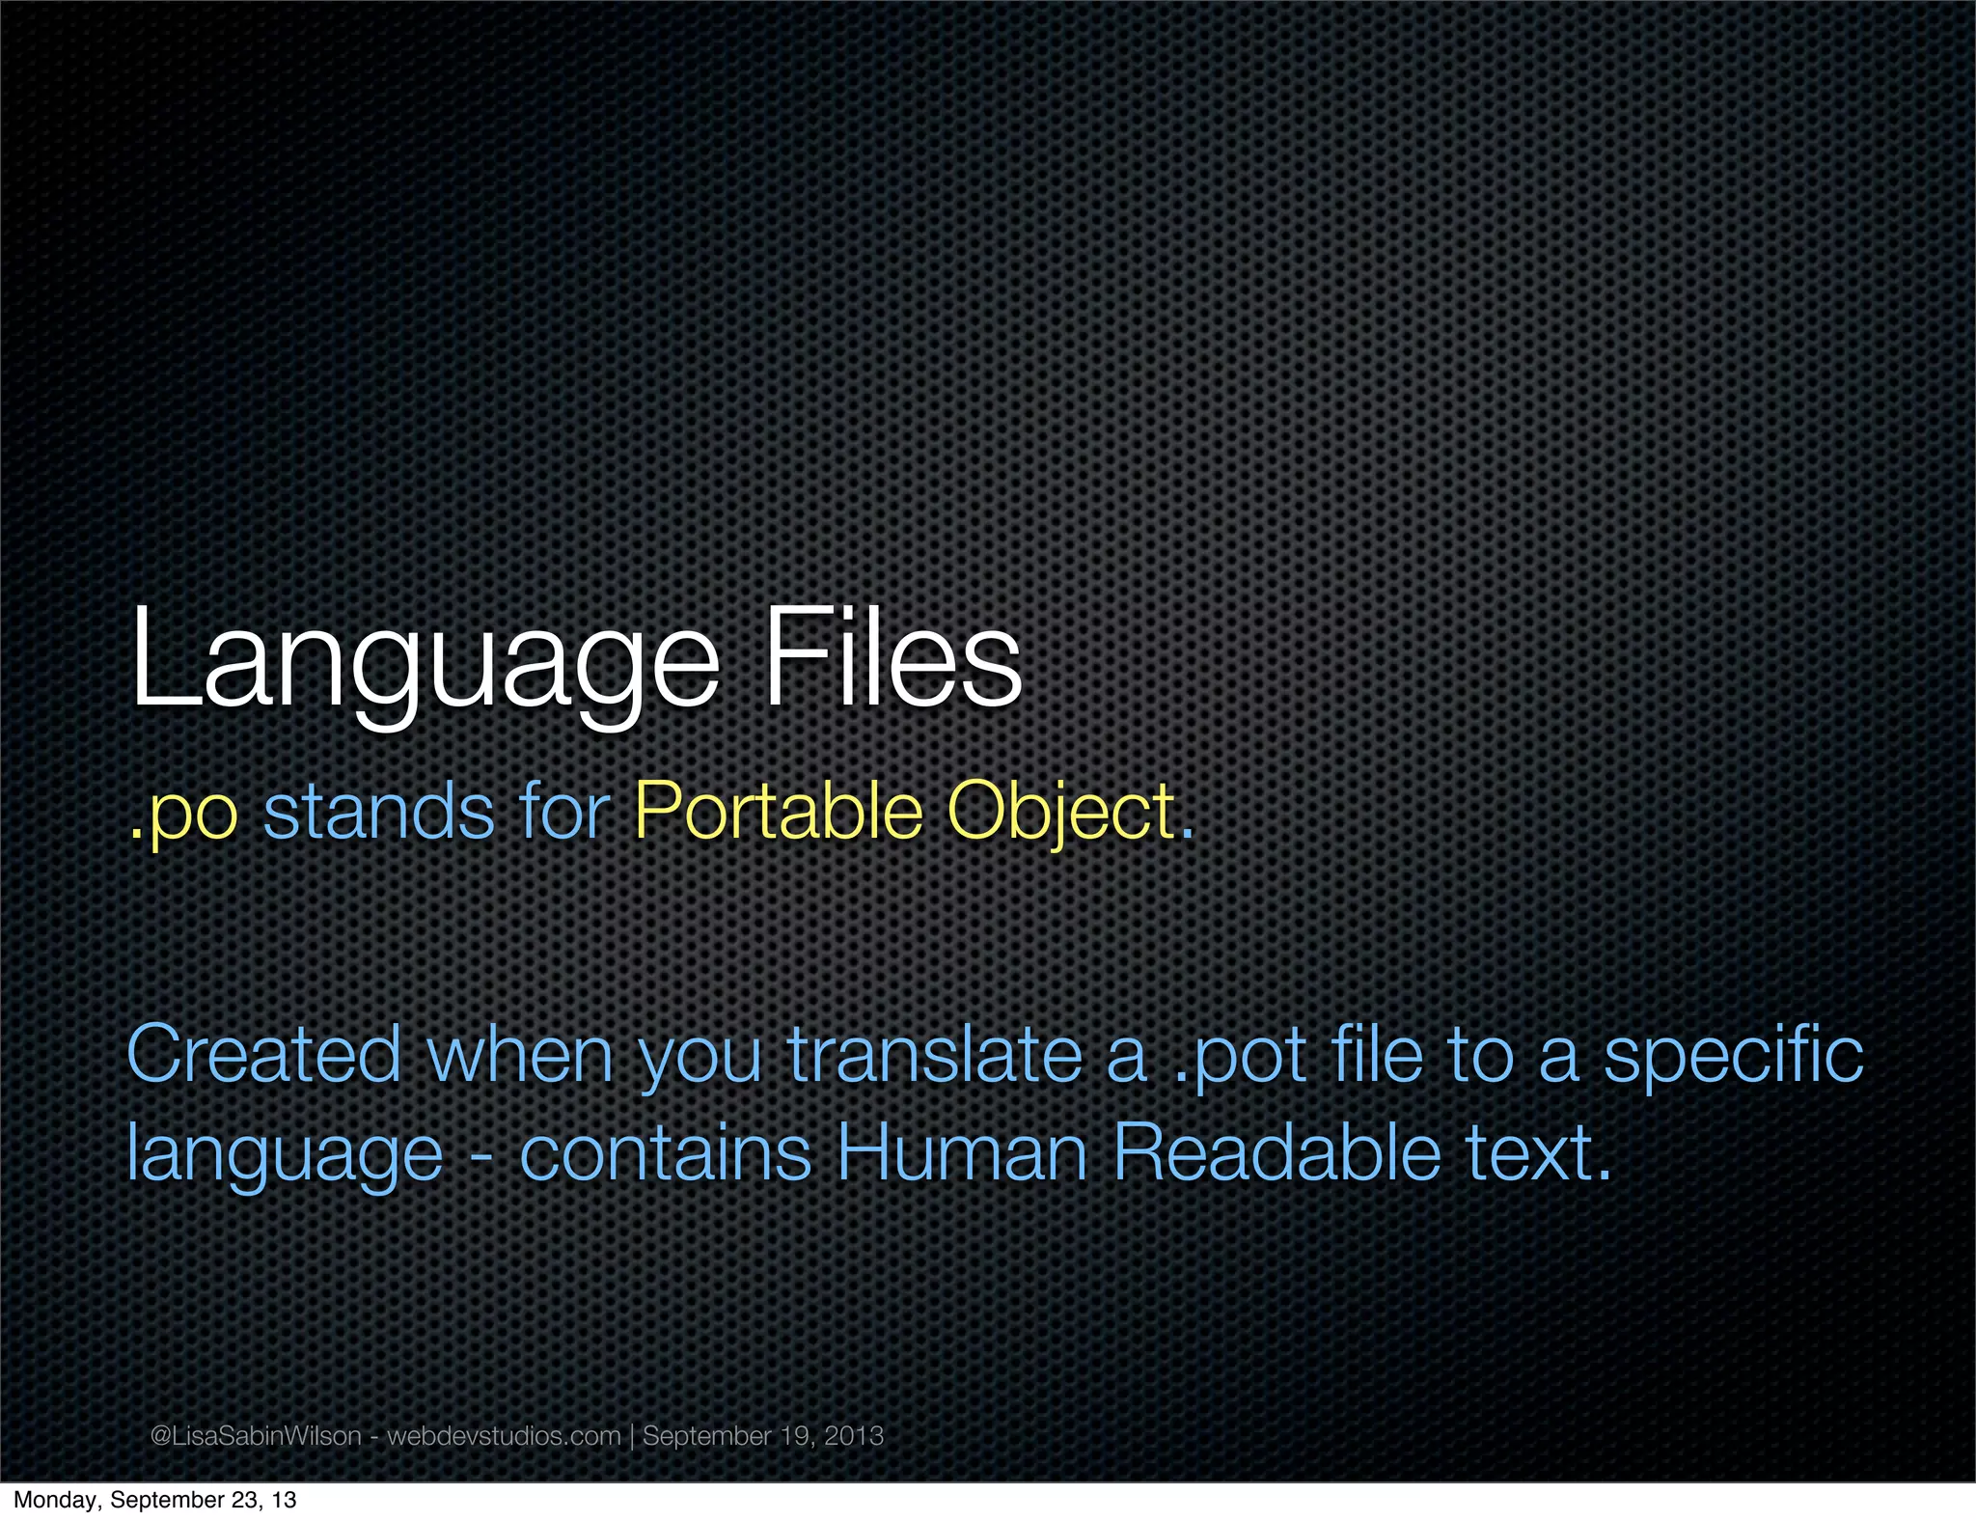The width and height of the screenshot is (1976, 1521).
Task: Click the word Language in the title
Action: point(425,661)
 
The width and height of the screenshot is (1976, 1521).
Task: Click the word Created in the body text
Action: point(263,1054)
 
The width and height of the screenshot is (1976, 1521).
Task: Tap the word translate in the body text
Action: point(934,1054)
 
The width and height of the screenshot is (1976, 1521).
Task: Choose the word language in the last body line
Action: point(285,1156)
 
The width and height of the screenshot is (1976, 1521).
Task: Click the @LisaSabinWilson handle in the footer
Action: point(256,1436)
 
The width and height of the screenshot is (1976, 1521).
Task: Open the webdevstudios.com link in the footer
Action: point(504,1436)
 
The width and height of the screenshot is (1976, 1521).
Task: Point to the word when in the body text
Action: point(520,1054)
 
